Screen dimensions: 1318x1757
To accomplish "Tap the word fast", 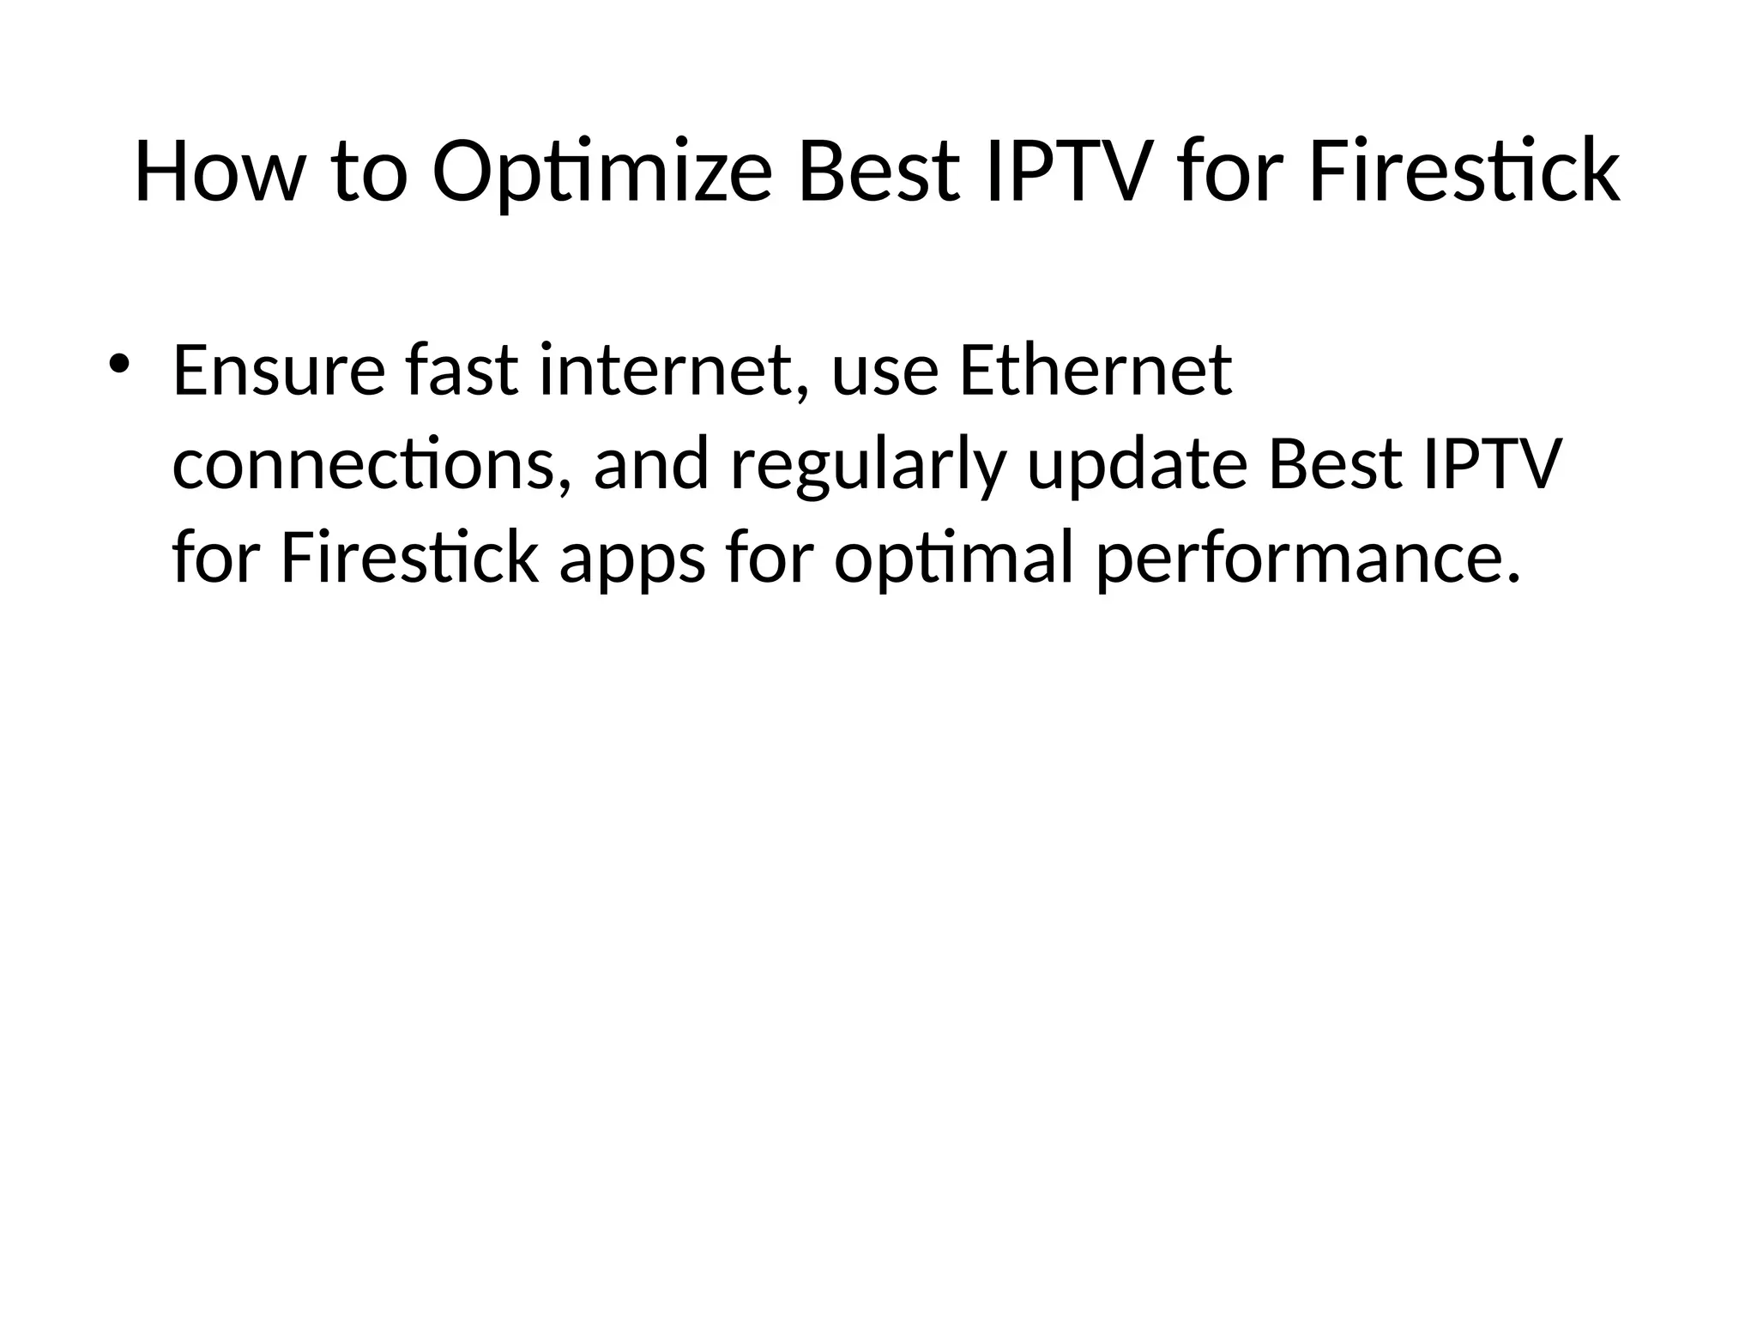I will coord(461,371).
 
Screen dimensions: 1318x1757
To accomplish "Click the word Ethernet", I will coord(1095,371).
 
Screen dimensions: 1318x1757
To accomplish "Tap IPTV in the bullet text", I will coord(1488,464).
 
